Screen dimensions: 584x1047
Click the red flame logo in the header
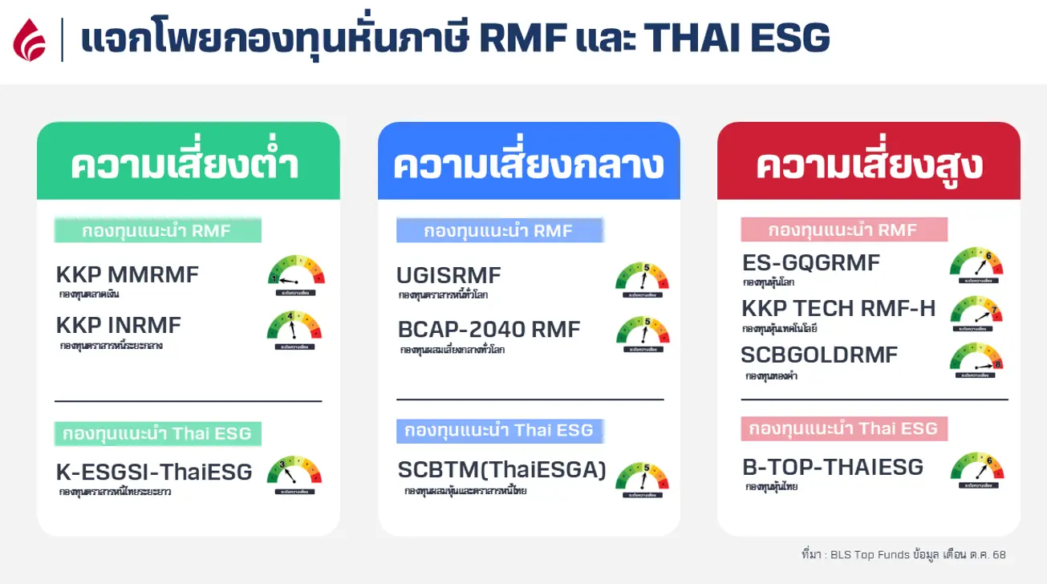coord(30,39)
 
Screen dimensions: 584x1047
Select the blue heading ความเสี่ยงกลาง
coord(528,164)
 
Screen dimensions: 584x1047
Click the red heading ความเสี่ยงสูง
coord(869,164)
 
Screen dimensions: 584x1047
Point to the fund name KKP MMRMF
coord(128,274)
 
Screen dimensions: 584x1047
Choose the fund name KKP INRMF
coord(119,325)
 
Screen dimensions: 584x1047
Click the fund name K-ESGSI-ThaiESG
coord(154,471)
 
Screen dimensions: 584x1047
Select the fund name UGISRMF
coord(448,275)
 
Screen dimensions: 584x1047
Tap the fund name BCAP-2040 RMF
coord(489,330)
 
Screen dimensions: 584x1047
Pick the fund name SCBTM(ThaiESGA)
coord(502,469)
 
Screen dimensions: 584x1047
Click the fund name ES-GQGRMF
coord(811,262)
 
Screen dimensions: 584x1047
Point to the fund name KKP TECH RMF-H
coord(838,309)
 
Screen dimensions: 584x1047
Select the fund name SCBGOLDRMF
coord(819,355)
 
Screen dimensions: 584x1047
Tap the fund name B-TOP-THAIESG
coord(833,466)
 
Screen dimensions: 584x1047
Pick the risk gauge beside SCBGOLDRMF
coord(976,360)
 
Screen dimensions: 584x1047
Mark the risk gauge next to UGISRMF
coord(643,278)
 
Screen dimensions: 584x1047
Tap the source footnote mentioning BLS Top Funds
coord(903,555)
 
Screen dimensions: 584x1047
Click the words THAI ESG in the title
coord(736,39)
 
